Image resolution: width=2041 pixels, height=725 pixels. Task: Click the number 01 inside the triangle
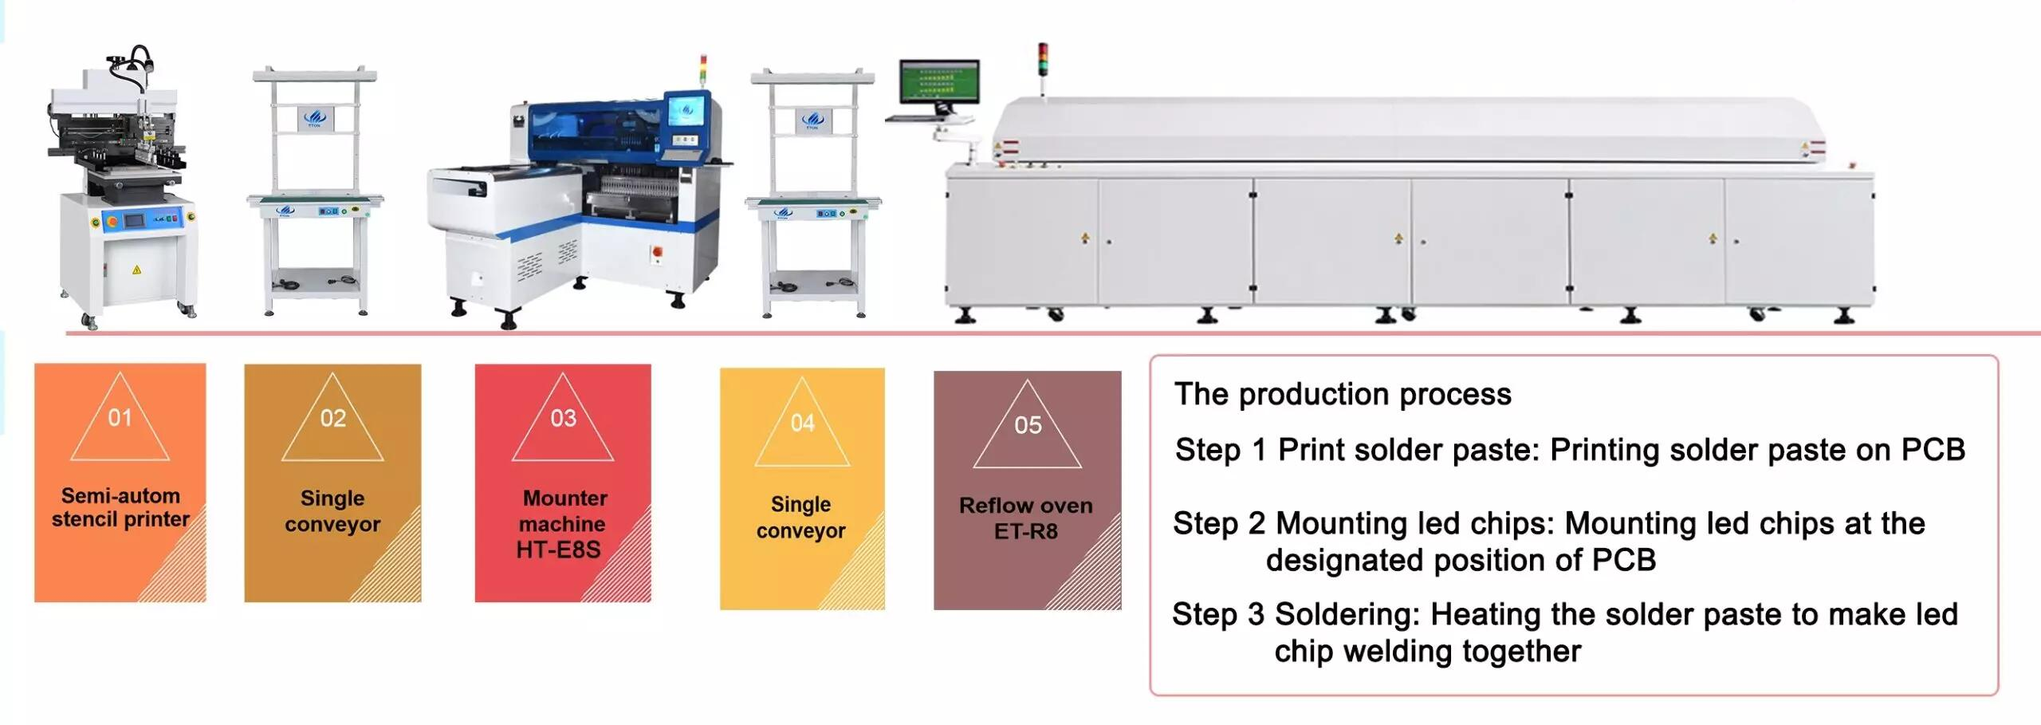120,417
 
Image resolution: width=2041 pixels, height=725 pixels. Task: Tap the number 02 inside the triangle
332,418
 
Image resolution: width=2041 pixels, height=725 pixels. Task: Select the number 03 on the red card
563,418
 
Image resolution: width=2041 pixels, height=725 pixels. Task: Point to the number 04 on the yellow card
802,423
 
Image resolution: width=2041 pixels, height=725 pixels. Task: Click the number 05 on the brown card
1028,424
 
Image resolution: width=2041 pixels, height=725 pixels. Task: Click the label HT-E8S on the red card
558,550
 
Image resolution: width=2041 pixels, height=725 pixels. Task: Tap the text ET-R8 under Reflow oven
1026,531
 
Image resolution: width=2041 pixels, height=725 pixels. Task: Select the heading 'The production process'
1343,394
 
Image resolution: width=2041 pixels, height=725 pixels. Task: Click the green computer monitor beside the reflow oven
939,81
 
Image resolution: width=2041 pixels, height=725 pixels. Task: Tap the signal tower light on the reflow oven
1043,58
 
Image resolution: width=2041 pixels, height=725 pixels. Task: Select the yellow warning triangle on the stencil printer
136,270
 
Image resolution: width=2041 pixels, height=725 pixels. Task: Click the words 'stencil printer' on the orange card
120,519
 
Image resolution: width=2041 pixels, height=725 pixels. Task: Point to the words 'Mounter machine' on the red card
564,510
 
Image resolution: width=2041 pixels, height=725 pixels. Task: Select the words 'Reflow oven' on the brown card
1025,505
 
